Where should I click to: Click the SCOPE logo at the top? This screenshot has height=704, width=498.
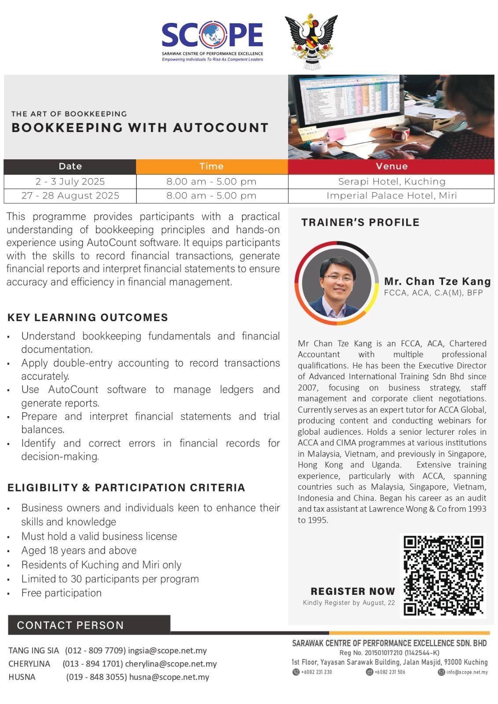pyautogui.click(x=212, y=40)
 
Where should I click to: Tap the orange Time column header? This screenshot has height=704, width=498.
pyautogui.click(x=212, y=166)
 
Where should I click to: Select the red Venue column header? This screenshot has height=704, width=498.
pyautogui.click(x=392, y=166)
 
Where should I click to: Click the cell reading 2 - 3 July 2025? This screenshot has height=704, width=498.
pyautogui.click(x=70, y=181)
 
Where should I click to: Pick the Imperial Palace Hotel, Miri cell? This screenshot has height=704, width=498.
pyautogui.click(x=392, y=196)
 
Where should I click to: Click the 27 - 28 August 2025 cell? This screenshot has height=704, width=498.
pyautogui.click(x=70, y=196)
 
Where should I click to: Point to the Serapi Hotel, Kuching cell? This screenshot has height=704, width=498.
pyautogui.click(x=392, y=181)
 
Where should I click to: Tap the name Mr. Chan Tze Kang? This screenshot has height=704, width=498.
pyautogui.click(x=437, y=281)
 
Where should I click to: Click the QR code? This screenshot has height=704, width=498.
pyautogui.click(x=443, y=576)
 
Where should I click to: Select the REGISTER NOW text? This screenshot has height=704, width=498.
pyautogui.click(x=353, y=591)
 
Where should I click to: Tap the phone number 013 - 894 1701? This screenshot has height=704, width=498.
pyautogui.click(x=92, y=664)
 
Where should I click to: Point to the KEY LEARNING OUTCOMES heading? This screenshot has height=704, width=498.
pyautogui.click(x=88, y=317)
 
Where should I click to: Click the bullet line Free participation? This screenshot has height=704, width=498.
pyautogui.click(x=62, y=593)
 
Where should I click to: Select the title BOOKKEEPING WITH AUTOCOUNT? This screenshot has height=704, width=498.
pyautogui.click(x=140, y=128)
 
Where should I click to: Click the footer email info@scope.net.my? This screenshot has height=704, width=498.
pyautogui.click(x=467, y=672)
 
